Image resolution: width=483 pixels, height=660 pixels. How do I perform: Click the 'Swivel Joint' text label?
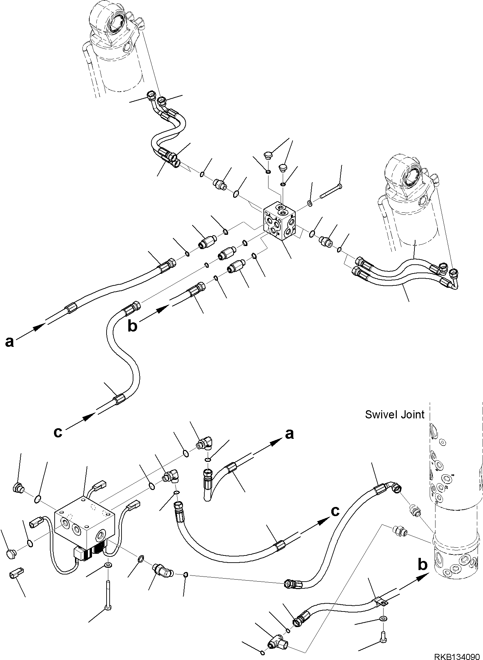point(394,414)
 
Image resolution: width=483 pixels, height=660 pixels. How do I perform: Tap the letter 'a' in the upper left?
point(10,342)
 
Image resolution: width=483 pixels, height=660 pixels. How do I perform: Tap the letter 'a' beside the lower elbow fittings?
point(289,434)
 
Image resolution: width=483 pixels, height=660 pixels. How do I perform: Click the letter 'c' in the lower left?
point(58,432)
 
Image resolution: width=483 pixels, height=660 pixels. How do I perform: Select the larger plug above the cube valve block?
point(268,155)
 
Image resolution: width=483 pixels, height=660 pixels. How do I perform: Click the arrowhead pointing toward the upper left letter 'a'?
point(39,326)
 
